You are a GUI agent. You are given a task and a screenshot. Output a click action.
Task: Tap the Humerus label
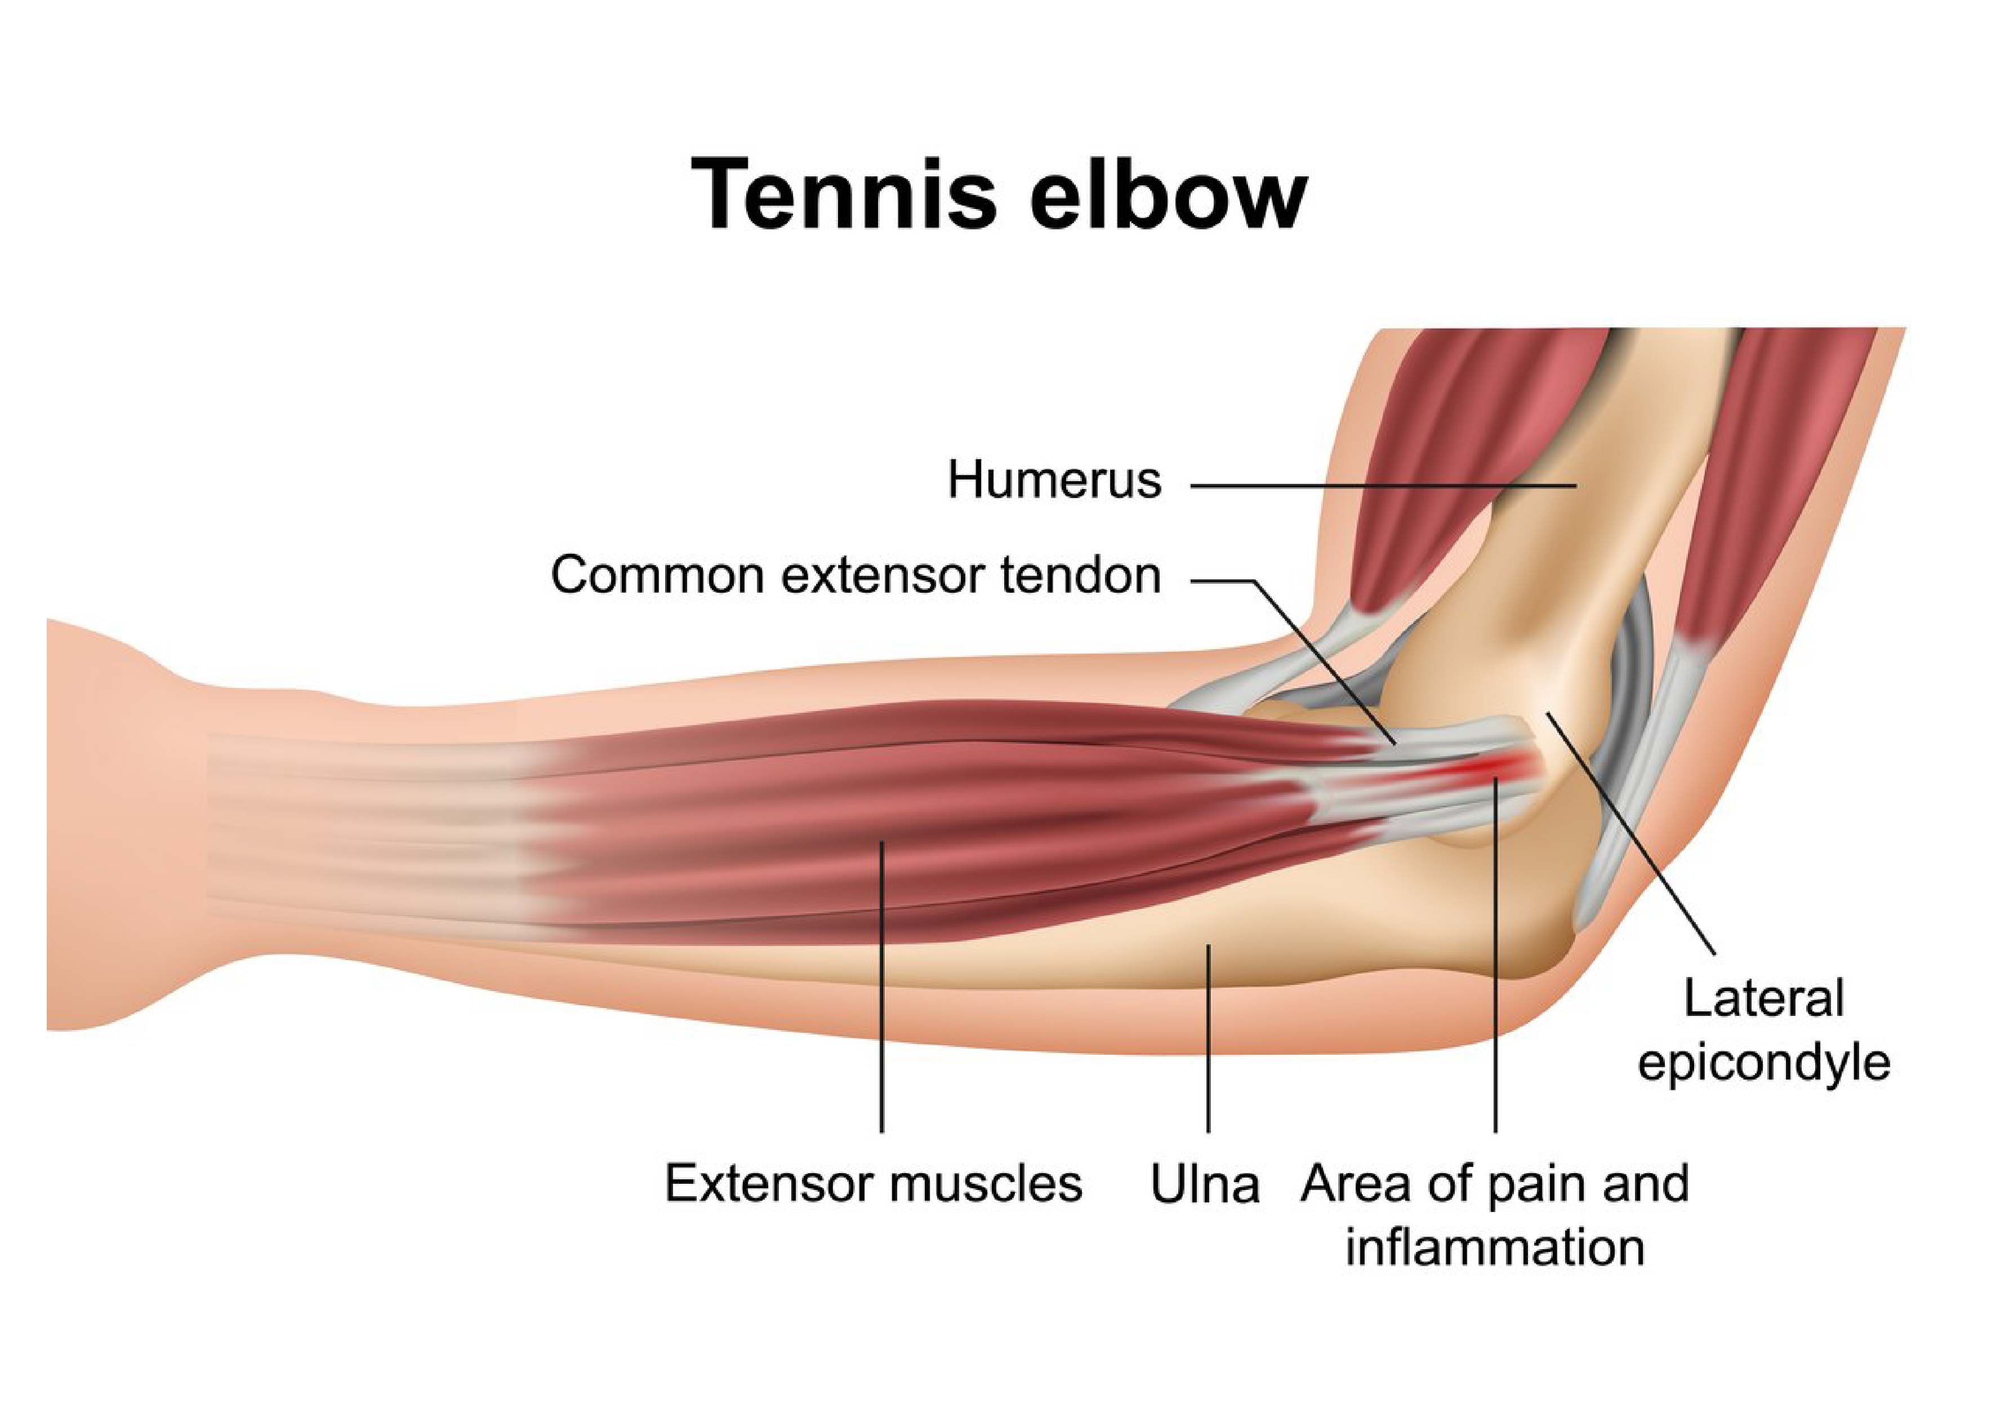pyautogui.click(x=1055, y=481)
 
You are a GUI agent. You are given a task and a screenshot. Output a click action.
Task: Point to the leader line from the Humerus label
pyautogui.click(x=1384, y=484)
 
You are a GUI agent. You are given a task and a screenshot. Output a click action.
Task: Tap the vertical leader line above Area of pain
pyautogui.click(x=1496, y=956)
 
